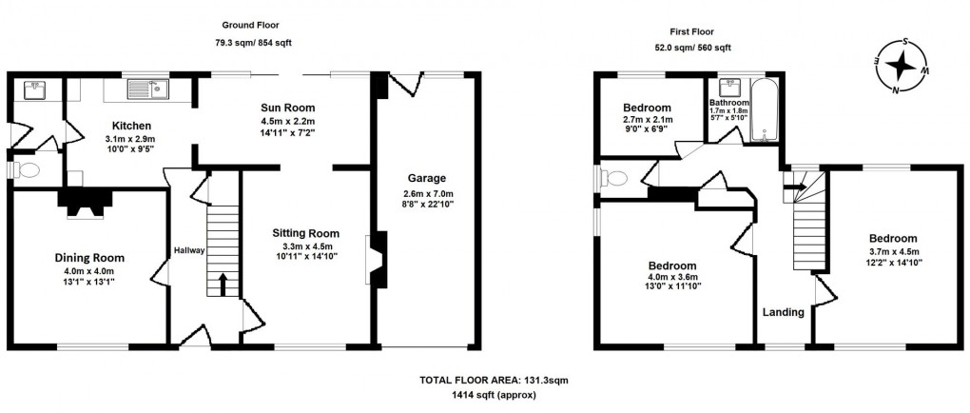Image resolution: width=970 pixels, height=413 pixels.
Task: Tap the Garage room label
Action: [x=427, y=178]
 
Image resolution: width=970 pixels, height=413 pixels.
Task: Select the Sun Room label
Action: [x=289, y=108]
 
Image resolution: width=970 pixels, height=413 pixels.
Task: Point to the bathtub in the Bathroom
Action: [x=766, y=110]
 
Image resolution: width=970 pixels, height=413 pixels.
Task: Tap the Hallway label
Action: [x=189, y=250]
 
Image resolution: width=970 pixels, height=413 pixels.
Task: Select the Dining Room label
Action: [x=87, y=257]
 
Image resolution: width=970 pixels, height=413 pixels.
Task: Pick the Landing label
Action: [x=784, y=312]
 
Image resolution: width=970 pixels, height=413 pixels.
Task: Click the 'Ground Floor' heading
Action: [x=251, y=24]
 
